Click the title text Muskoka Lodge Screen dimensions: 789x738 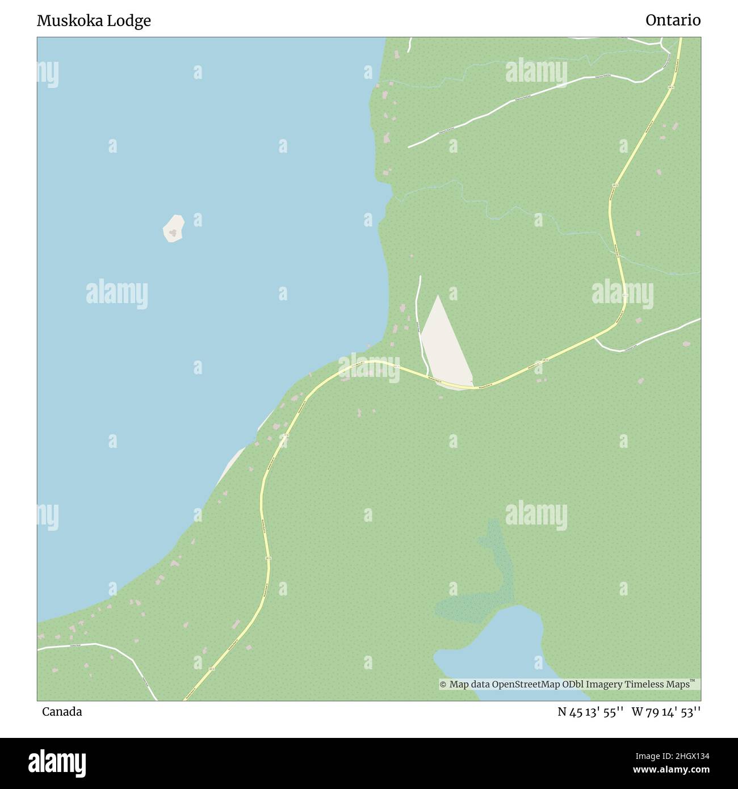coord(94,21)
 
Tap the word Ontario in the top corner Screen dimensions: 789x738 coord(673,20)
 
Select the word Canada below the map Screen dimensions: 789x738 coord(62,712)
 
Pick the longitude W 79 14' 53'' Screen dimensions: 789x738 coord(666,712)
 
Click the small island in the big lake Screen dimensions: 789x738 coord(174,228)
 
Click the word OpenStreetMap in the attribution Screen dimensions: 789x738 coord(526,685)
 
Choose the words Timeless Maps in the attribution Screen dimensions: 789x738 coord(657,685)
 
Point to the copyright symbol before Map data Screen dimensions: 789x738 coord(443,685)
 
